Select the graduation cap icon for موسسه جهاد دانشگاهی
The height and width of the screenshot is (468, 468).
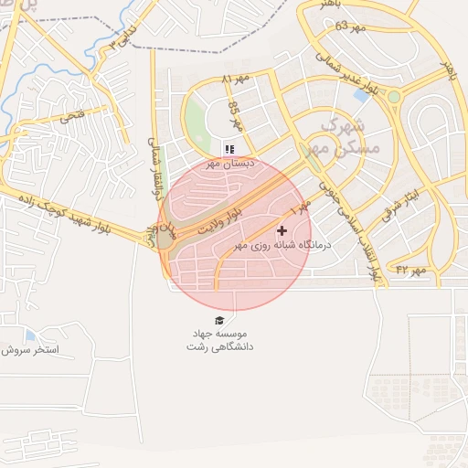point(218,319)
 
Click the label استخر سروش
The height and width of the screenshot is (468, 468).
point(29,350)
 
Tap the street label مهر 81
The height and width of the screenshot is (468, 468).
point(234,80)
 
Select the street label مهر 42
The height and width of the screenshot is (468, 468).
point(411,270)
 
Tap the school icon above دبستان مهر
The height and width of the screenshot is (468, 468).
point(229,148)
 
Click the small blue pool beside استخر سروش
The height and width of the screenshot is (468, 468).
point(31,335)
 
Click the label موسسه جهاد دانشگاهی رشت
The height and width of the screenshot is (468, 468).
point(219,340)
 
